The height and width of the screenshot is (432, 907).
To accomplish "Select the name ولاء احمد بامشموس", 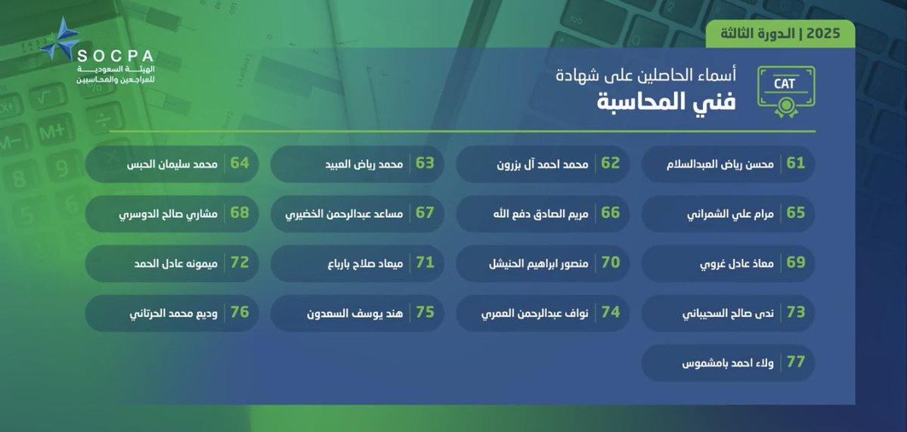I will point(721,362).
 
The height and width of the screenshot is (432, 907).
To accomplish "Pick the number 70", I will point(611,263).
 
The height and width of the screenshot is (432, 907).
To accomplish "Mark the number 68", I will point(240,213).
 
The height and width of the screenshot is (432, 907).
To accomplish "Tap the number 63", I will point(425,163).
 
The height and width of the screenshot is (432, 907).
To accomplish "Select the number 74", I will point(611,312).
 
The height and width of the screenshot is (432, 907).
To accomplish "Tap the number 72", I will point(240,263).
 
